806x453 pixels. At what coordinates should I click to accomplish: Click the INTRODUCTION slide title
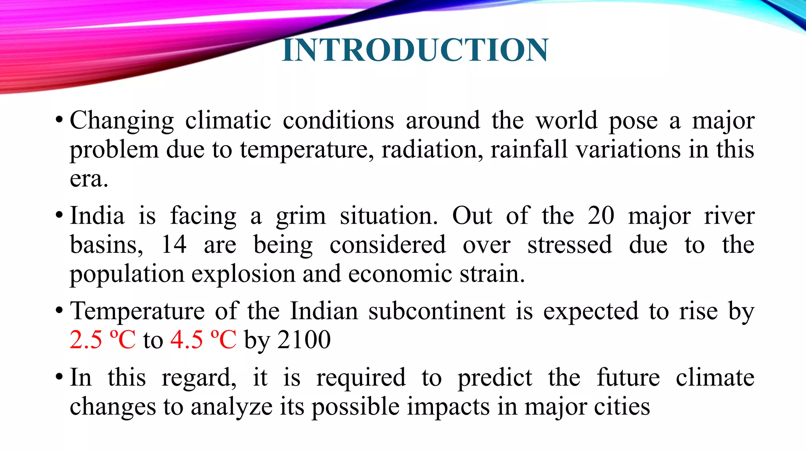pos(415,50)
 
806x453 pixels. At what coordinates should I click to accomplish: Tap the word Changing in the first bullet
pos(122,121)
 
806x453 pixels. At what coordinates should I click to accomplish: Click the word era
pos(89,179)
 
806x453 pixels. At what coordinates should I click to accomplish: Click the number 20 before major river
pos(601,216)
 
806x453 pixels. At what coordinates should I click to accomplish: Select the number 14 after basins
pos(174,245)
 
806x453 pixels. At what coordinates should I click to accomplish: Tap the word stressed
pos(569,245)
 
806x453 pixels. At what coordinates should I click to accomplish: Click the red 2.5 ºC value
pos(103,340)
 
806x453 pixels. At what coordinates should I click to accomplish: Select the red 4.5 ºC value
pos(203,340)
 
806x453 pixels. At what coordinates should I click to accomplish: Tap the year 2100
pos(304,340)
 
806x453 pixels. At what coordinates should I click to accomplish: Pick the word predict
pos(495,378)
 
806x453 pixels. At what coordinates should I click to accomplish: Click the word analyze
pos(231,407)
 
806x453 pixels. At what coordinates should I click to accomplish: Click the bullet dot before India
pos(59,216)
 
